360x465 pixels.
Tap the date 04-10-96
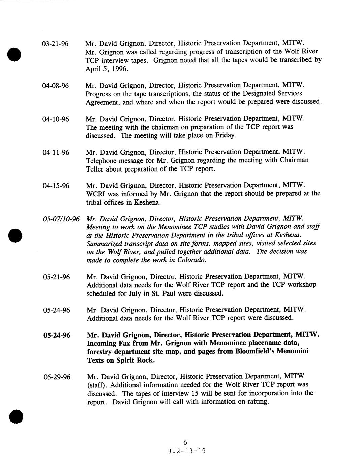56,119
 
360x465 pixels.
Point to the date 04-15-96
56,186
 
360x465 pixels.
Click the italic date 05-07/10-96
61,219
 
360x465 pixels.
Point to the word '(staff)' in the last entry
97,385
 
